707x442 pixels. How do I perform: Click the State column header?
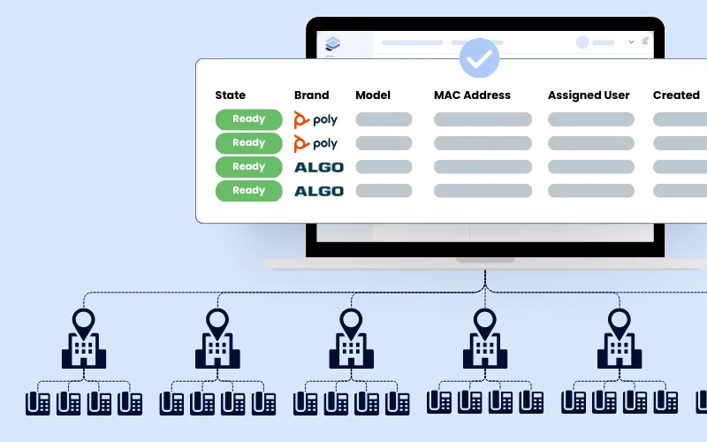click(x=230, y=95)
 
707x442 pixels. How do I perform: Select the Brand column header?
click(x=311, y=95)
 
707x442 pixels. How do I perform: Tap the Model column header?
click(x=373, y=95)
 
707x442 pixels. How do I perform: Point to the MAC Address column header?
click(x=472, y=95)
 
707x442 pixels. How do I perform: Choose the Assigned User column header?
click(x=588, y=95)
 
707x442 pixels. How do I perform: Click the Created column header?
click(x=676, y=95)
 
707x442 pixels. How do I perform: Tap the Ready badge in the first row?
click(x=248, y=119)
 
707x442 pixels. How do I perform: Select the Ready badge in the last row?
click(x=248, y=191)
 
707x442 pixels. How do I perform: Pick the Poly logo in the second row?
click(x=315, y=143)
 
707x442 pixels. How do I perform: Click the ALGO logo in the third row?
click(x=318, y=167)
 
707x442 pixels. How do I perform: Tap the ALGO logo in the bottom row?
click(x=318, y=191)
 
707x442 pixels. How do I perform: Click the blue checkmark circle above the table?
click(x=479, y=58)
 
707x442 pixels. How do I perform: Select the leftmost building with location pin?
click(x=84, y=340)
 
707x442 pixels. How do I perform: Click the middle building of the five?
click(x=351, y=340)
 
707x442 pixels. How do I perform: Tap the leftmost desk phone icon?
click(x=37, y=403)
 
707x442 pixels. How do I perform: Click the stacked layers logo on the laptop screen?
click(x=331, y=43)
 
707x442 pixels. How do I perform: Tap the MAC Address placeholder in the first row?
click(x=483, y=119)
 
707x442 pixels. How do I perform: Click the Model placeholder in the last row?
click(x=384, y=191)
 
